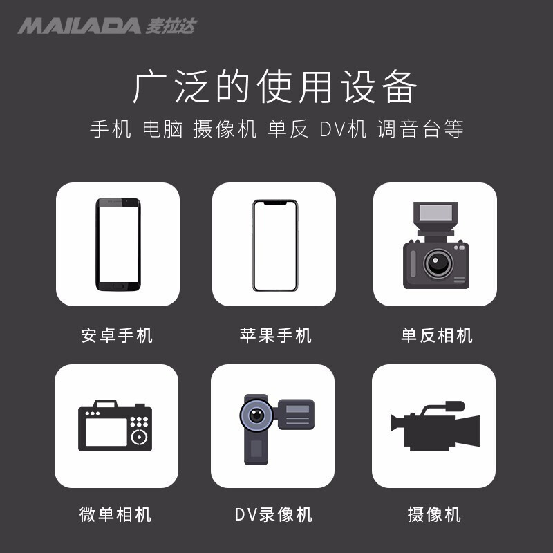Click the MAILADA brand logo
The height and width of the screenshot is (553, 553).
pos(107,26)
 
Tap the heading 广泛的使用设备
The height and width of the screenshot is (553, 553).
pos(275,86)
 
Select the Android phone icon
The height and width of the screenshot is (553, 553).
pos(118,245)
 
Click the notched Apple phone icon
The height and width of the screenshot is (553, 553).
pos(275,245)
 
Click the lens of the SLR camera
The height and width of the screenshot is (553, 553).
pos(438,263)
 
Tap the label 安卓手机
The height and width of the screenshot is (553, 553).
pos(117,335)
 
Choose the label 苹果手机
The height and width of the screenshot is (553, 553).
pos(275,335)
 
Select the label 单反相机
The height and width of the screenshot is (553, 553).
pos(437,335)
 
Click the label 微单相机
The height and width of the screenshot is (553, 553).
pos(115,514)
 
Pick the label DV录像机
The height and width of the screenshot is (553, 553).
pos(273,514)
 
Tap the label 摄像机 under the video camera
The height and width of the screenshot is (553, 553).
pos(434,514)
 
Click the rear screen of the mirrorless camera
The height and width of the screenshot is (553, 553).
pos(106,432)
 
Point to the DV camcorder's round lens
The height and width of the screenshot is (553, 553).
pos(256,414)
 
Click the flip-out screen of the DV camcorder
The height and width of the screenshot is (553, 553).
pos(297,414)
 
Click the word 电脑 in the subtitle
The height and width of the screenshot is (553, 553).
pos(162,129)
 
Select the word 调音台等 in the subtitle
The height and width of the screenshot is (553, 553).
pos(420,129)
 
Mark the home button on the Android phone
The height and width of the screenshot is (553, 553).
pos(118,287)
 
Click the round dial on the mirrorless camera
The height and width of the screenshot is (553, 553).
pos(140,438)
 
